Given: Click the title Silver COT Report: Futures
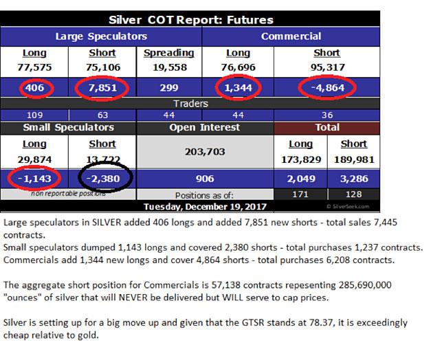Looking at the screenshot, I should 190,19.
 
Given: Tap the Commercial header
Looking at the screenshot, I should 291,36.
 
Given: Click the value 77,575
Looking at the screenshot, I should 34,67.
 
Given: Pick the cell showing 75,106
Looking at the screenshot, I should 102,67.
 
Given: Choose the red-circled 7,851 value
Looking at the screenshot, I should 102,88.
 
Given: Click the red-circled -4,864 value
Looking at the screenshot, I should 326,88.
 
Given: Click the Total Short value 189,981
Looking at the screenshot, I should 353,159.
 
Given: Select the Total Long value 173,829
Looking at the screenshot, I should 300,159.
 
